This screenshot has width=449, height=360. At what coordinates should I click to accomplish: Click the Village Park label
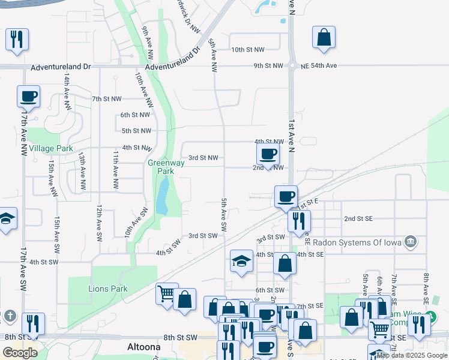pyautogui.click(x=50, y=148)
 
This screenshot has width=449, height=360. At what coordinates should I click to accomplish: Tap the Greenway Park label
pyautogui.click(x=161, y=167)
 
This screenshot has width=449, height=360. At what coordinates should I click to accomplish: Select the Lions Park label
pyautogui.click(x=108, y=289)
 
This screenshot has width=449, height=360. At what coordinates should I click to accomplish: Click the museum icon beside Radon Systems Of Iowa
pyautogui.click(x=411, y=242)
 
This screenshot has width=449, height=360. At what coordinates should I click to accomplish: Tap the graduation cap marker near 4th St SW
pyautogui.click(x=241, y=261)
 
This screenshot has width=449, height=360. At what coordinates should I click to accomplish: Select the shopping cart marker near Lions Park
pyautogui.click(x=167, y=293)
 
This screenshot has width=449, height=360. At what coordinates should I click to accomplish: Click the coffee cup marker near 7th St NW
pyautogui.click(x=28, y=95)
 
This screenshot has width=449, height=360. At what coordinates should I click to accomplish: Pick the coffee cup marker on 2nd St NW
pyautogui.click(x=268, y=154)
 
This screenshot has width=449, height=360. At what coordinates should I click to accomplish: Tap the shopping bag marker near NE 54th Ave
pyautogui.click(x=324, y=37)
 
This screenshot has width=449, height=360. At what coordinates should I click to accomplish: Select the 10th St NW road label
pyautogui.click(x=247, y=50)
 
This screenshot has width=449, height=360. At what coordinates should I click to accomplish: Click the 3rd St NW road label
pyautogui.click(x=203, y=158)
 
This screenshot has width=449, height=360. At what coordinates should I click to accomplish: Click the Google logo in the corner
pyautogui.click(x=20, y=353)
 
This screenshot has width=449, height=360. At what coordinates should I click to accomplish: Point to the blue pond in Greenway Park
pyautogui.click(x=162, y=198)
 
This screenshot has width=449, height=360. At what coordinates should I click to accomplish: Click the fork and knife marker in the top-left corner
pyautogui.click(x=16, y=40)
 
